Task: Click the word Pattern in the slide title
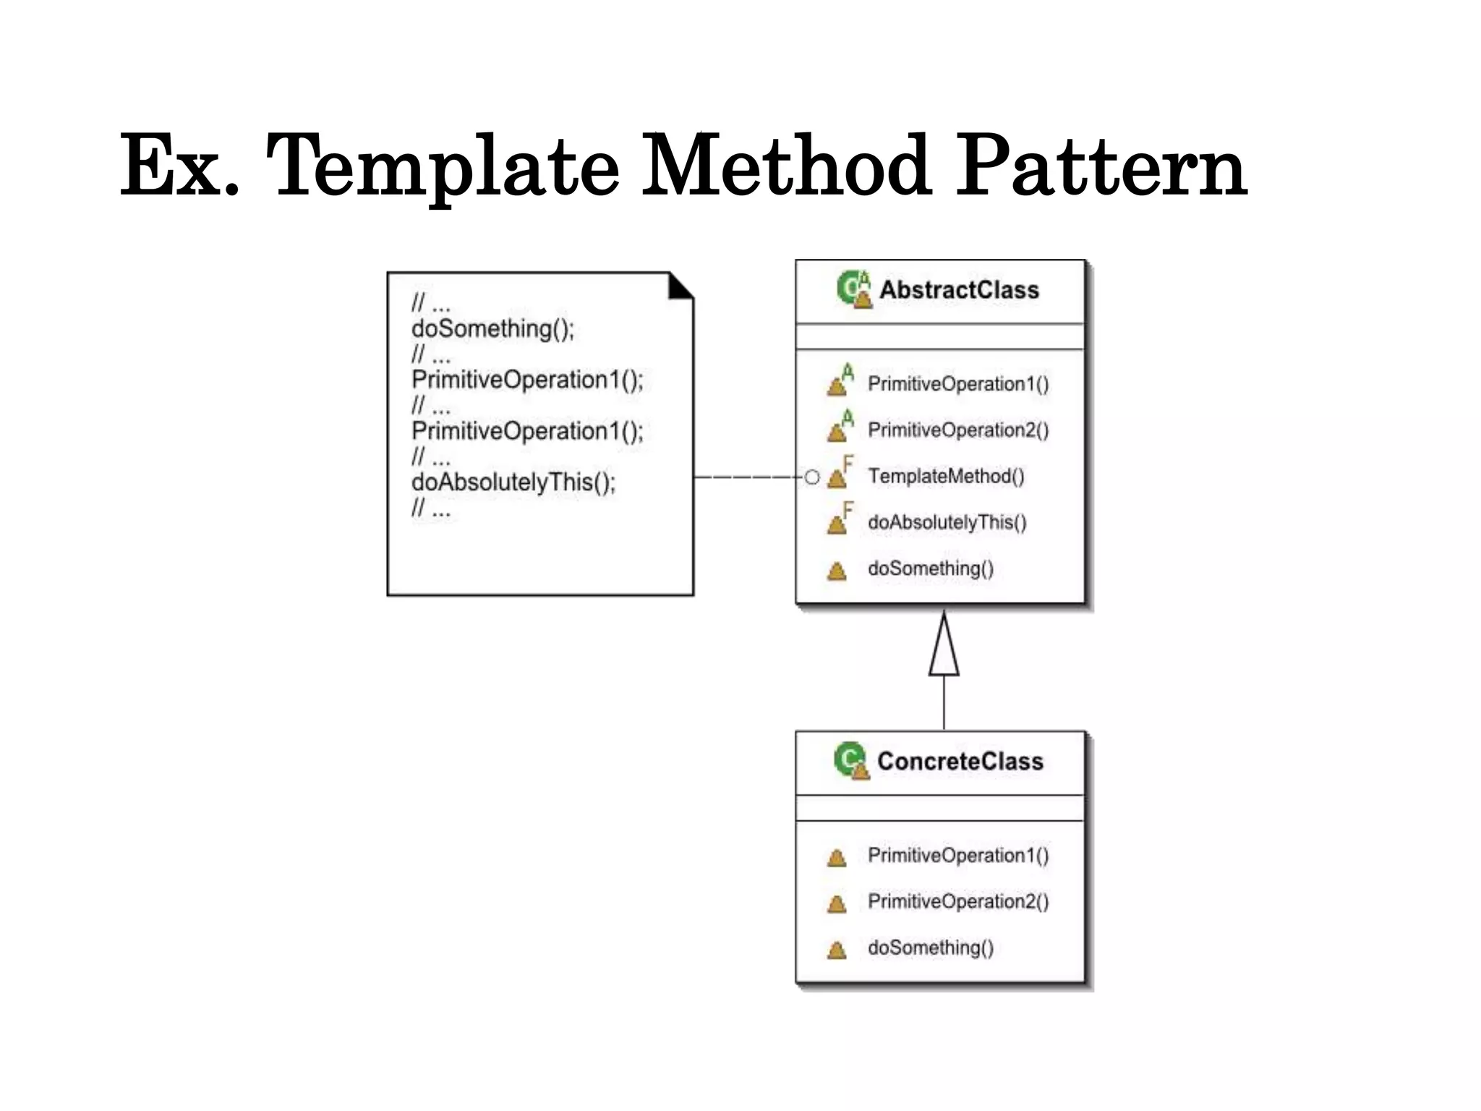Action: (1101, 168)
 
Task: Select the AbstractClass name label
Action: (959, 290)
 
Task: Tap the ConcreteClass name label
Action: (960, 761)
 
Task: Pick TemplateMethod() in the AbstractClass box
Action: (946, 476)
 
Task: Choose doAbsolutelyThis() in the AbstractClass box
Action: (947, 522)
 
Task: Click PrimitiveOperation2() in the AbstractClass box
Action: (958, 430)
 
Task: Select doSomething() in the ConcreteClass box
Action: (931, 948)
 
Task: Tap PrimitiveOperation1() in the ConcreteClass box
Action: (958, 855)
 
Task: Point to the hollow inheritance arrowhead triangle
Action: (944, 646)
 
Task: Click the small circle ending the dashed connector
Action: (812, 477)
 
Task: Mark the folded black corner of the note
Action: (680, 286)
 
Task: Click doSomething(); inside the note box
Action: (492, 328)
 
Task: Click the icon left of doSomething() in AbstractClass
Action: (837, 571)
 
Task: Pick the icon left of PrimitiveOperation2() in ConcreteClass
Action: (837, 903)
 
